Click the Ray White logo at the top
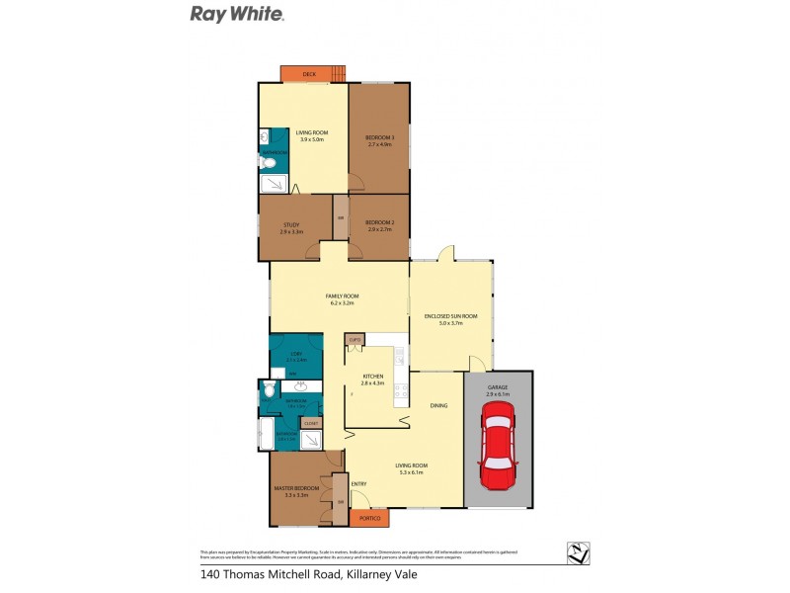coord(237,14)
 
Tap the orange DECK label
coord(308,74)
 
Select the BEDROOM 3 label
coord(380,136)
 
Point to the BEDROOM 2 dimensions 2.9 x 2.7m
coord(380,230)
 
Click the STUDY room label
coord(291,223)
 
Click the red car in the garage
coord(499,451)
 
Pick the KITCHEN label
coord(372,377)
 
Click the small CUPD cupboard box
coord(354,339)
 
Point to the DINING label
coord(439,405)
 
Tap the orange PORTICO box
coord(368,517)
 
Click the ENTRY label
coord(359,483)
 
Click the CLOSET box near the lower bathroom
coord(311,423)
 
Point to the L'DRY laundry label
coord(294,353)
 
